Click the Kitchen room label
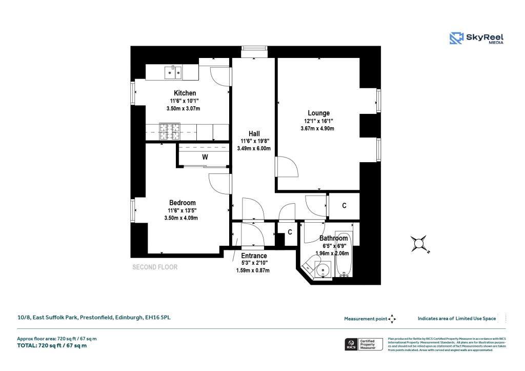[185, 93]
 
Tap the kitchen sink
[173, 73]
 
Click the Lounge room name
[318, 113]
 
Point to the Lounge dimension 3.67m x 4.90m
[317, 128]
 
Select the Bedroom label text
[183, 203]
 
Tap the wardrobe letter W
[205, 158]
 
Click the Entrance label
[254, 256]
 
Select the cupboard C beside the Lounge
[344, 206]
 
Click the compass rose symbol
[419, 244]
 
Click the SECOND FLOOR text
[155, 267]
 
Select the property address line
[94, 318]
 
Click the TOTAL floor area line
[52, 345]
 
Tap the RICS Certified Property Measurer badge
[364, 344]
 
